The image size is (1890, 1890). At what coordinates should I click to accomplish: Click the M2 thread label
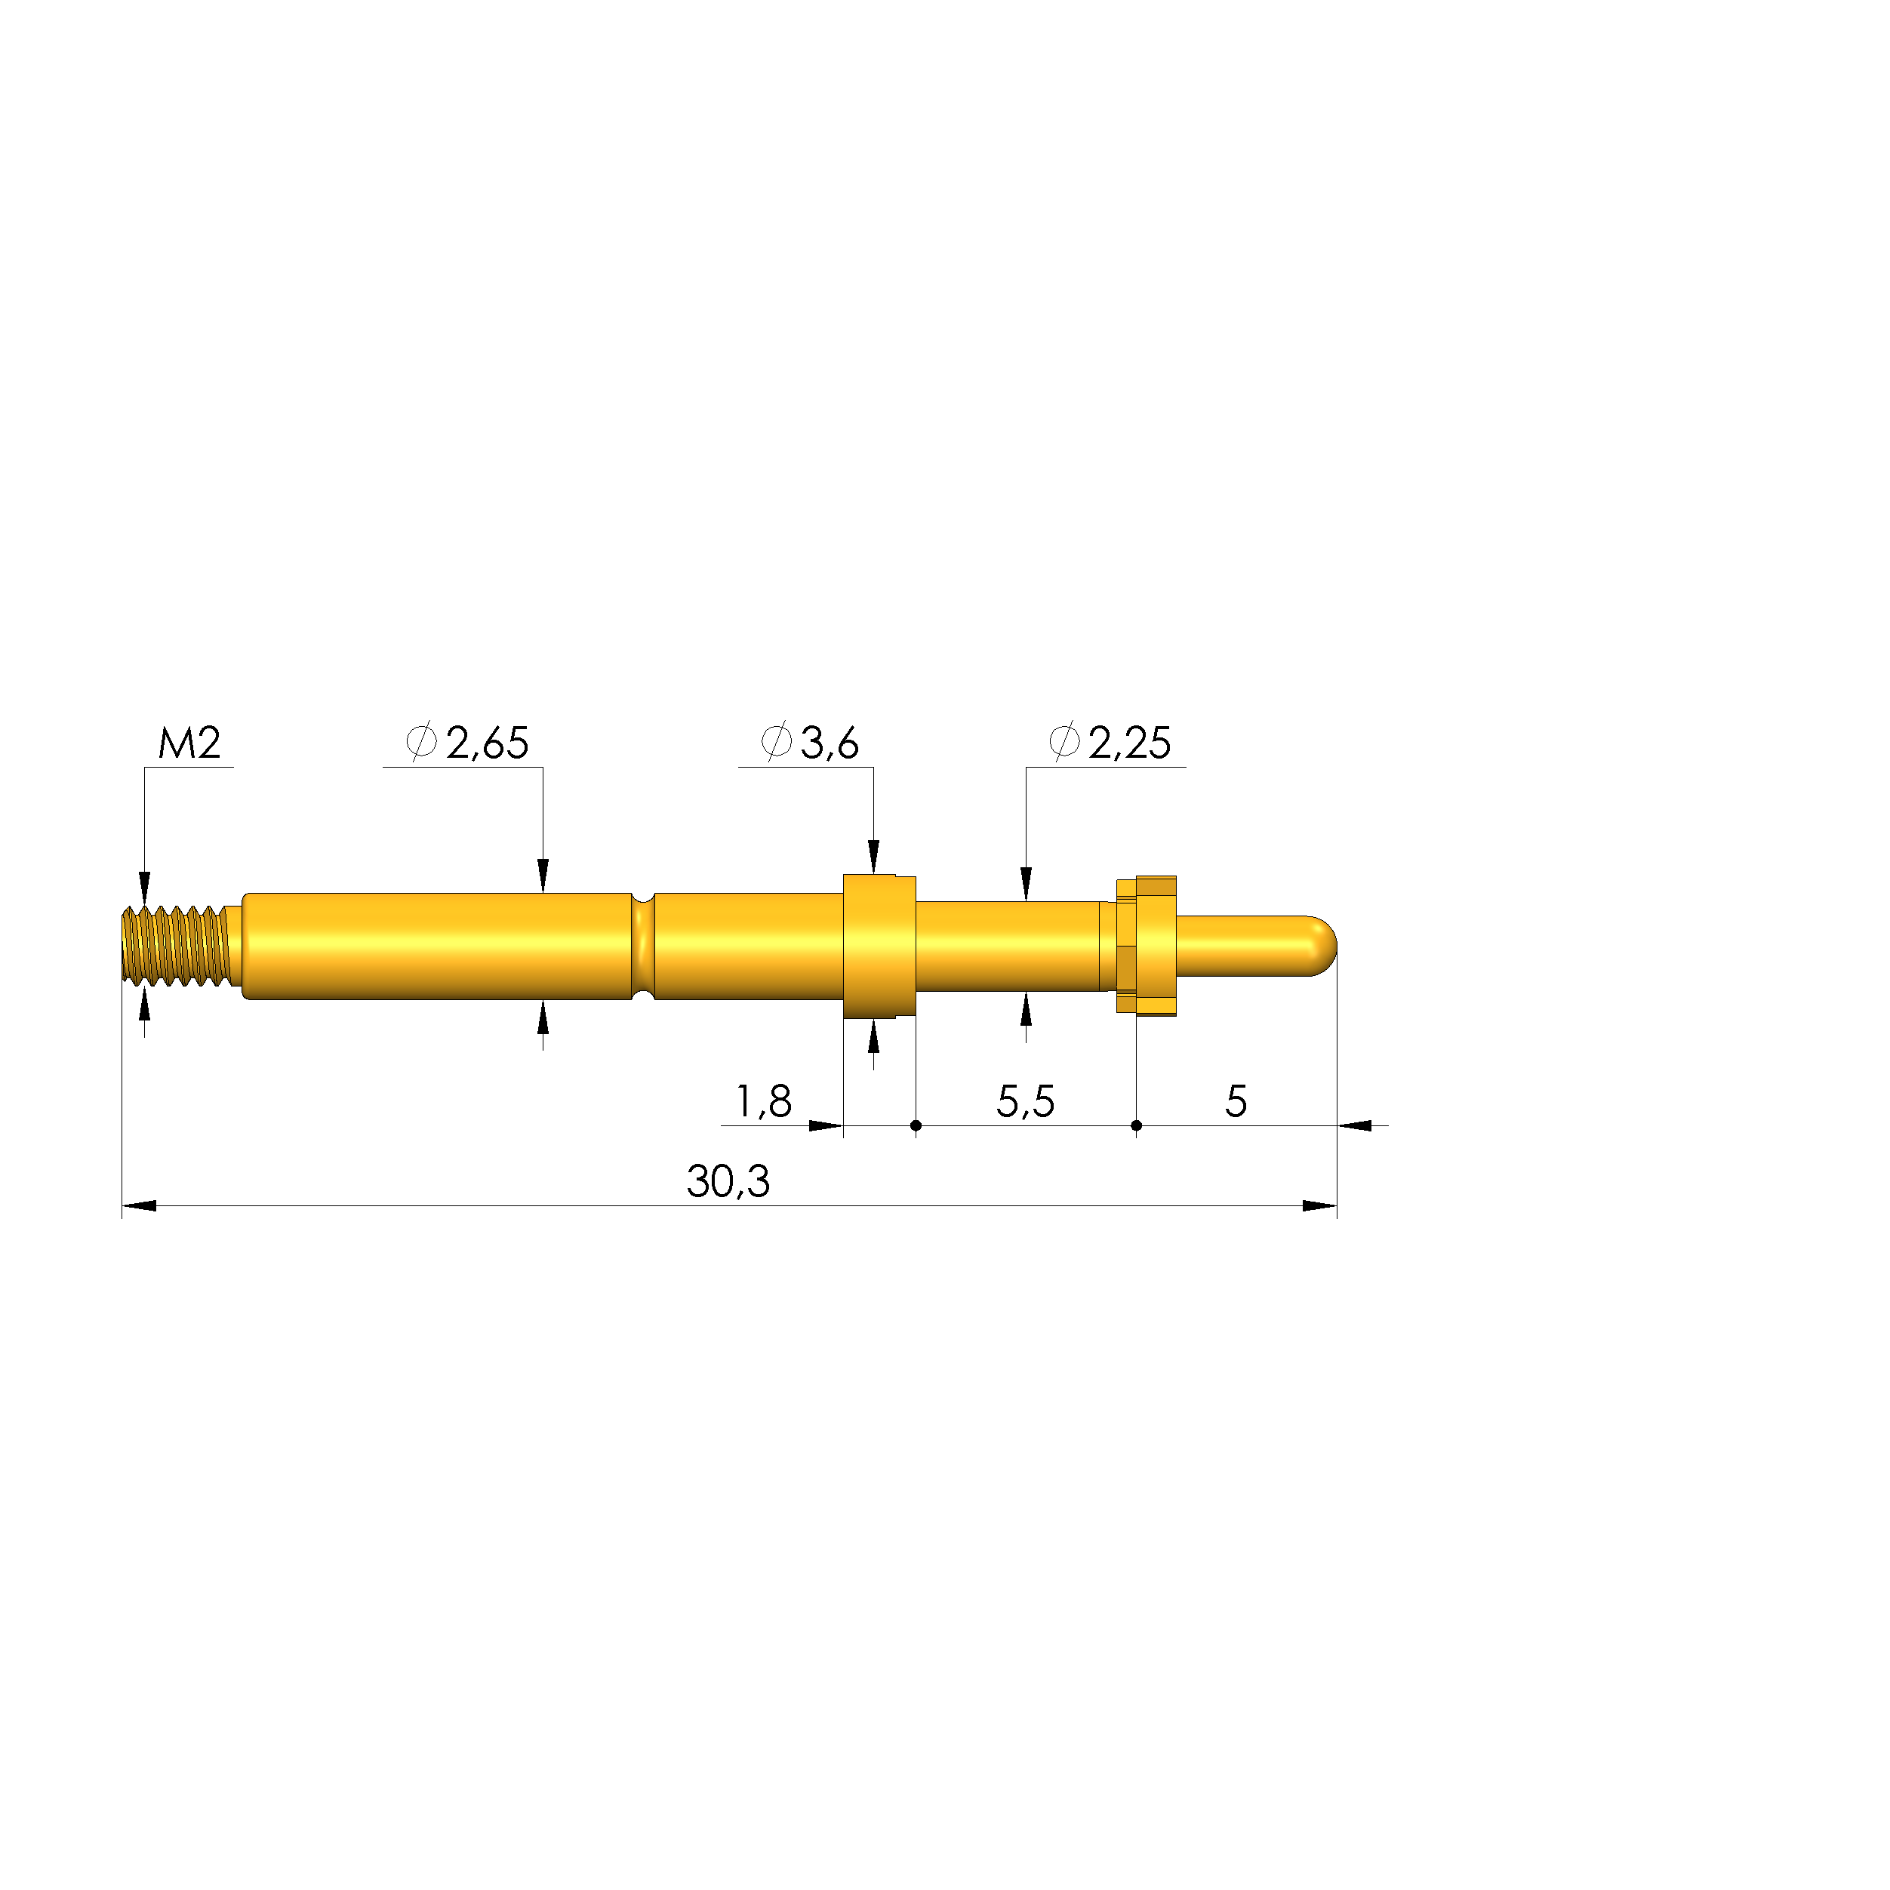(189, 743)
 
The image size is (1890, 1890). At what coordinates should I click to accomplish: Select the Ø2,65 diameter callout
(469, 743)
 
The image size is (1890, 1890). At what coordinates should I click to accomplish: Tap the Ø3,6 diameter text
(811, 743)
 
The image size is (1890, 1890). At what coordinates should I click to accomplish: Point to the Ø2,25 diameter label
(1110, 743)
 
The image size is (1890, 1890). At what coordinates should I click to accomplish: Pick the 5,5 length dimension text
(1025, 1103)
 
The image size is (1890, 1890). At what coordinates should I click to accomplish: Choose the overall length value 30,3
(728, 1182)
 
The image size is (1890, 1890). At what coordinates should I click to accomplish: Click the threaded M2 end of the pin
(176, 946)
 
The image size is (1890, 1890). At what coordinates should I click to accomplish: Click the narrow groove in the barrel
(643, 946)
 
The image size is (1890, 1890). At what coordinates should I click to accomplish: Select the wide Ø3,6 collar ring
(879, 946)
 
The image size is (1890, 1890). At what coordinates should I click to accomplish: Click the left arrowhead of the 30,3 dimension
(139, 1206)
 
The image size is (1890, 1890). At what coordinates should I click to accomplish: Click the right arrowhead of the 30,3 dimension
(1319, 1206)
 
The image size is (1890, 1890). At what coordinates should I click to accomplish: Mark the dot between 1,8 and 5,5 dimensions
(916, 1126)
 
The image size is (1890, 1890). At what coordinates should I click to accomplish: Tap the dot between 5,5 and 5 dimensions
(1136, 1126)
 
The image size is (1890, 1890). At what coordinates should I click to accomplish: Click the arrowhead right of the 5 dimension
(1355, 1126)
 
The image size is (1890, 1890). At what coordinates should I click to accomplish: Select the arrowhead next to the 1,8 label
(826, 1126)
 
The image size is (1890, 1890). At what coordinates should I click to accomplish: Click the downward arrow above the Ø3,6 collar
(873, 855)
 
